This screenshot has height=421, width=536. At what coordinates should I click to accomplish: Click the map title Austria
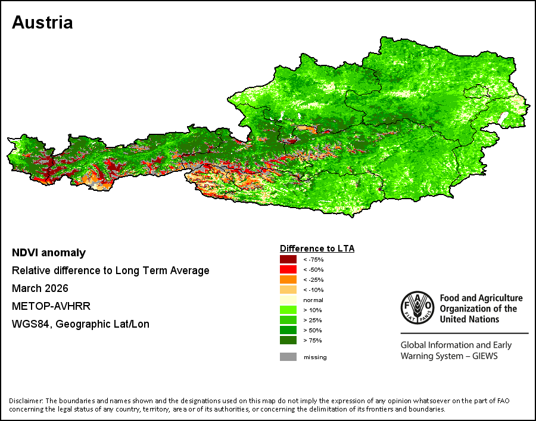(42, 23)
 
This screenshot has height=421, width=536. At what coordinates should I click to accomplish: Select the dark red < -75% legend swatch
(288, 259)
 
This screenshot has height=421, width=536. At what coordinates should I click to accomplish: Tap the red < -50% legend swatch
(288, 269)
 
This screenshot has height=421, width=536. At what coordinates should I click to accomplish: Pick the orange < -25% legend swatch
(288, 279)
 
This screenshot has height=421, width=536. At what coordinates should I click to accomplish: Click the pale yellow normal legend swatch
(288, 300)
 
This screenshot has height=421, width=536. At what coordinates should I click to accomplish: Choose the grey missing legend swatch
(288, 357)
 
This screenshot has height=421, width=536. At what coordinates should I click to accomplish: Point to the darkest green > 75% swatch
(288, 340)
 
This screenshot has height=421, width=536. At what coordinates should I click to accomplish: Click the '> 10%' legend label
(313, 310)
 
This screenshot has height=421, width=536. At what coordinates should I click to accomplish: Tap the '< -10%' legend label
(313, 290)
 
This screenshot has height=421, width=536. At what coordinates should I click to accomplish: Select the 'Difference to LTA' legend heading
(317, 249)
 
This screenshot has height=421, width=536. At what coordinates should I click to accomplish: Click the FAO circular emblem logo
(417, 307)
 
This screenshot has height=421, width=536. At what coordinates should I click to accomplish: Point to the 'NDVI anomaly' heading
(49, 253)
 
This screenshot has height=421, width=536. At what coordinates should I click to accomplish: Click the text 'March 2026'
(40, 288)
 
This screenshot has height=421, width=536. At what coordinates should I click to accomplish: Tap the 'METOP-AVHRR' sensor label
(51, 306)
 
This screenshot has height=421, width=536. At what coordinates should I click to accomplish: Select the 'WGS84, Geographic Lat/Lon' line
(80, 323)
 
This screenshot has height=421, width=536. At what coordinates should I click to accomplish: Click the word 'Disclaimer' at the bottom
(26, 401)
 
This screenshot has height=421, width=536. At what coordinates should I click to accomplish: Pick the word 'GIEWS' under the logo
(485, 356)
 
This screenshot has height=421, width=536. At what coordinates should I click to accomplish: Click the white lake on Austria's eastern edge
(503, 118)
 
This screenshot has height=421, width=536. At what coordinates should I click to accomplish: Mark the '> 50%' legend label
(313, 330)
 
